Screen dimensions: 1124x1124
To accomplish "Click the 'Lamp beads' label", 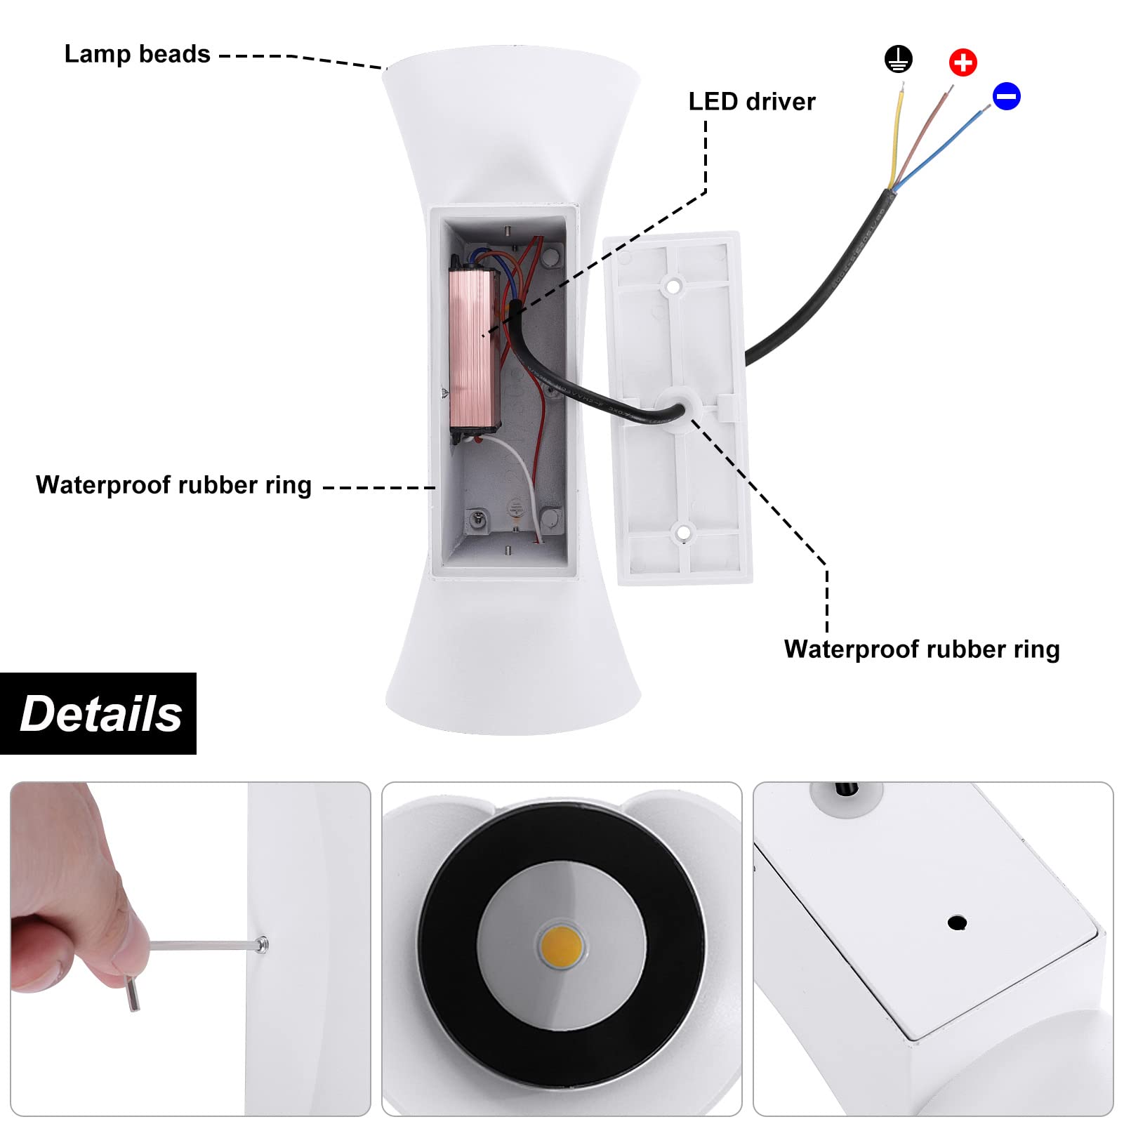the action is pos(138,54).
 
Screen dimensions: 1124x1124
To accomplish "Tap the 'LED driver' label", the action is pos(752,102).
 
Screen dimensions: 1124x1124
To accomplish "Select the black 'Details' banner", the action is pos(98,713).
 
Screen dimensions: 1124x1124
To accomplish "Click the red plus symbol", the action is pos(963,62).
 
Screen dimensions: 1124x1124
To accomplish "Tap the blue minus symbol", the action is pos(1006,96).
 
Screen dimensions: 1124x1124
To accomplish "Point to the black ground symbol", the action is pos(899,59).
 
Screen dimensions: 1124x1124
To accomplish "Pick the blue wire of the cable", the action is pos(941,147).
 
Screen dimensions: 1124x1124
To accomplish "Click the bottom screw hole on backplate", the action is pos(682,534).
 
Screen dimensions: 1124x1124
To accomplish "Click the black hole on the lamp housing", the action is pos(957,922).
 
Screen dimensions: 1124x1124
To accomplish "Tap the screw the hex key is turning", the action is pos(262,946).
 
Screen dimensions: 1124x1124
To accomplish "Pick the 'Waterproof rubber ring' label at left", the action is pos(173,485).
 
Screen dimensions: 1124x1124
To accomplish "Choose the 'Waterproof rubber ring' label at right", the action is pos(922,649).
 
